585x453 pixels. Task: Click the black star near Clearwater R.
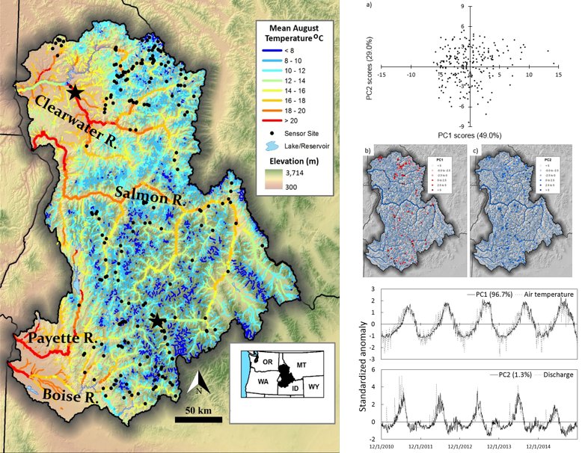(x=75, y=92)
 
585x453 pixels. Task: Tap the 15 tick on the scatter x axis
(x=559, y=75)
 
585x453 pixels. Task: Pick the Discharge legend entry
(x=554, y=374)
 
